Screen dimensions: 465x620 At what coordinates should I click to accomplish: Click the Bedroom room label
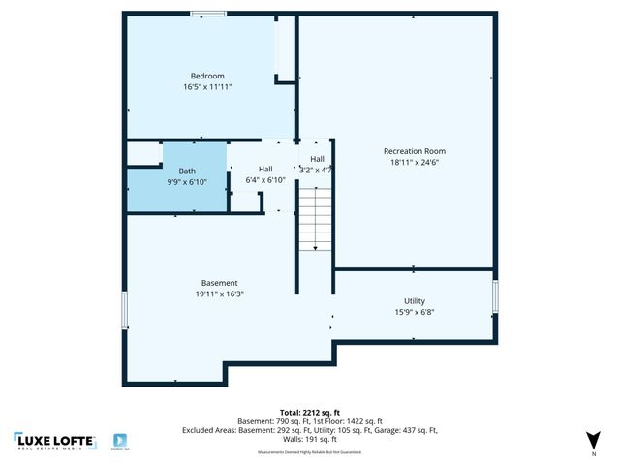[x=207, y=76]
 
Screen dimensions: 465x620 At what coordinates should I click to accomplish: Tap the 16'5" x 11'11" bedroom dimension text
[x=207, y=86]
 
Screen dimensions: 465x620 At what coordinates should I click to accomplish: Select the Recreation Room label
[x=414, y=151]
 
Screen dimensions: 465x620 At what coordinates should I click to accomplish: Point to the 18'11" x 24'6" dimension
[x=414, y=162]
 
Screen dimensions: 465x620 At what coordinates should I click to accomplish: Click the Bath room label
[x=186, y=170]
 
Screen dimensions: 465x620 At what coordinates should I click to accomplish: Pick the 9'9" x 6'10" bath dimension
[x=186, y=181]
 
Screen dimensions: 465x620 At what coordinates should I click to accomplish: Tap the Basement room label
[x=219, y=283]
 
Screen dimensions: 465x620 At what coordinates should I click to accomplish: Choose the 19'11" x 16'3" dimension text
[x=219, y=294]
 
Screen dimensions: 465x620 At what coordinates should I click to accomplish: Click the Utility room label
[x=414, y=301]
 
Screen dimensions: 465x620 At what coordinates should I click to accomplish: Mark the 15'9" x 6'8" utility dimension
[x=414, y=312]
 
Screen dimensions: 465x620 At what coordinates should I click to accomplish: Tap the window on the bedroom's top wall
[x=207, y=14]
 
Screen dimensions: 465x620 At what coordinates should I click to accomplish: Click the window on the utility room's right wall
[x=495, y=295]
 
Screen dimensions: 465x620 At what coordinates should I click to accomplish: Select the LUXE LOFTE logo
[x=55, y=442]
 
